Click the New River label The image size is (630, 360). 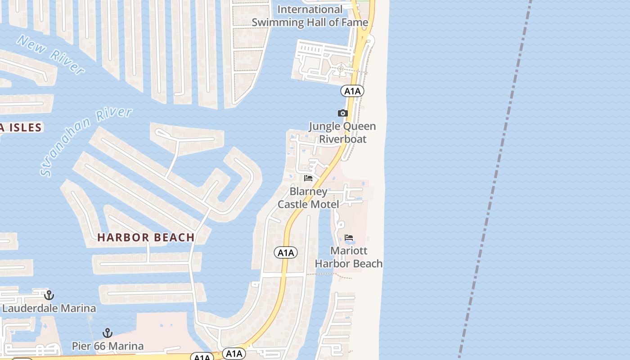(50, 55)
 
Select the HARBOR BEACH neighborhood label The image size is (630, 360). (146, 237)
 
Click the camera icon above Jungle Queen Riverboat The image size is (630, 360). (343, 113)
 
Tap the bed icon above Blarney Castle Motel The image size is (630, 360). (308, 178)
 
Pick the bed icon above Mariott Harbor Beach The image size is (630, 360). (349, 238)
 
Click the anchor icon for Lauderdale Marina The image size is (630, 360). (49, 295)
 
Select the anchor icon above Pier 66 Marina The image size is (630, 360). (107, 333)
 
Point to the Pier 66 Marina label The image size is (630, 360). (108, 346)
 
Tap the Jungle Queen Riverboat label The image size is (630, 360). (342, 132)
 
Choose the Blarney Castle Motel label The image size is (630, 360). (308, 198)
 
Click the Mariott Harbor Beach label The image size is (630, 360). (349, 257)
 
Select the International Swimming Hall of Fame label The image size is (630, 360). (310, 16)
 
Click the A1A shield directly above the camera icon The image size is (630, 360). (352, 91)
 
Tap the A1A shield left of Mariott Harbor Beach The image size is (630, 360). (286, 252)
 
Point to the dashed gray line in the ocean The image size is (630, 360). (495, 180)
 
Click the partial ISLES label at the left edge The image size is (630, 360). (21, 127)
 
